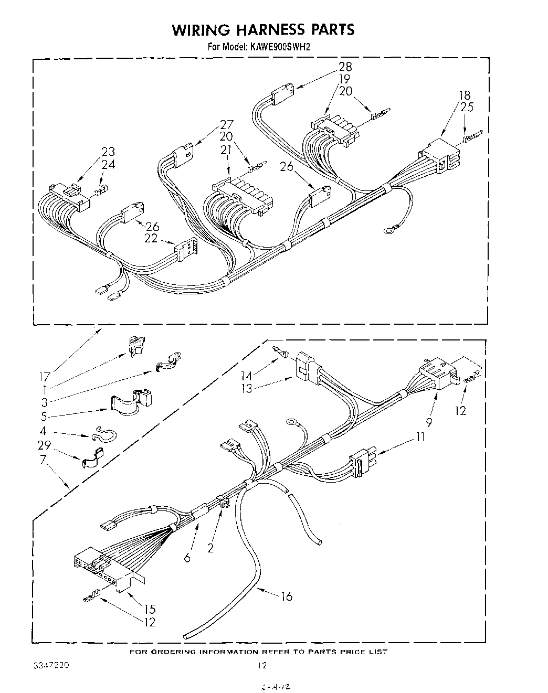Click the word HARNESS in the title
pyautogui.click(x=263, y=30)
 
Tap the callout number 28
pyautogui.click(x=345, y=67)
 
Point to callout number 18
pyautogui.click(x=465, y=95)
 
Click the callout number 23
pyautogui.click(x=108, y=152)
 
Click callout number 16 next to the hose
pyautogui.click(x=287, y=596)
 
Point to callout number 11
pyautogui.click(x=420, y=436)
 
